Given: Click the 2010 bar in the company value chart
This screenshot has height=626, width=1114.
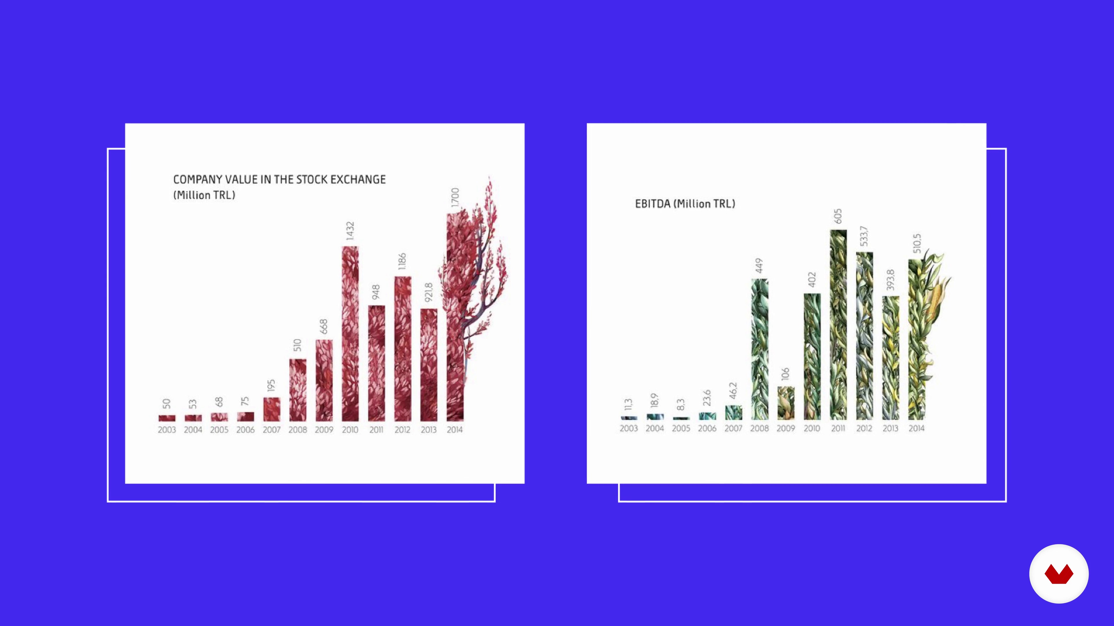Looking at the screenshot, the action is pos(350,334).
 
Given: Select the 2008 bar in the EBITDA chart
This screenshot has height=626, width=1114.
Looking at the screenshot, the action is pos(760,349).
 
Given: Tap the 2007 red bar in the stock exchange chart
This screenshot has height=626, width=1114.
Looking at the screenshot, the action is pos(272,409).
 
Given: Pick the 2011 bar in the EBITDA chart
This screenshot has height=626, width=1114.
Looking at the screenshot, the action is pos(838,325).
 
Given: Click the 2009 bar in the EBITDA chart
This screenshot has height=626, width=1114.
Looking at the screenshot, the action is pos(786,403).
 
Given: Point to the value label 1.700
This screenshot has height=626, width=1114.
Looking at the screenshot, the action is pos(455,197).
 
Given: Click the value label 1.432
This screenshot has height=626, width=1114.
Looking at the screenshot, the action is pos(350,231).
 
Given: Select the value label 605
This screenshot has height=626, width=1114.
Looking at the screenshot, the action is pos(838,216).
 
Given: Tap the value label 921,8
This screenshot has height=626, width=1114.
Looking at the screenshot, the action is pos(428,292).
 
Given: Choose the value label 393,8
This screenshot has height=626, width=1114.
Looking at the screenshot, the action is pos(890,280).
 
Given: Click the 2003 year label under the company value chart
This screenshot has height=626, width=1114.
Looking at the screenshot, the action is pos(167,430).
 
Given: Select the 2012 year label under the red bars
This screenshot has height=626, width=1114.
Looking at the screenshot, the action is pos(402,430).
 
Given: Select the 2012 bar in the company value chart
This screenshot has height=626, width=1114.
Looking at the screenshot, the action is pos(403,349).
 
